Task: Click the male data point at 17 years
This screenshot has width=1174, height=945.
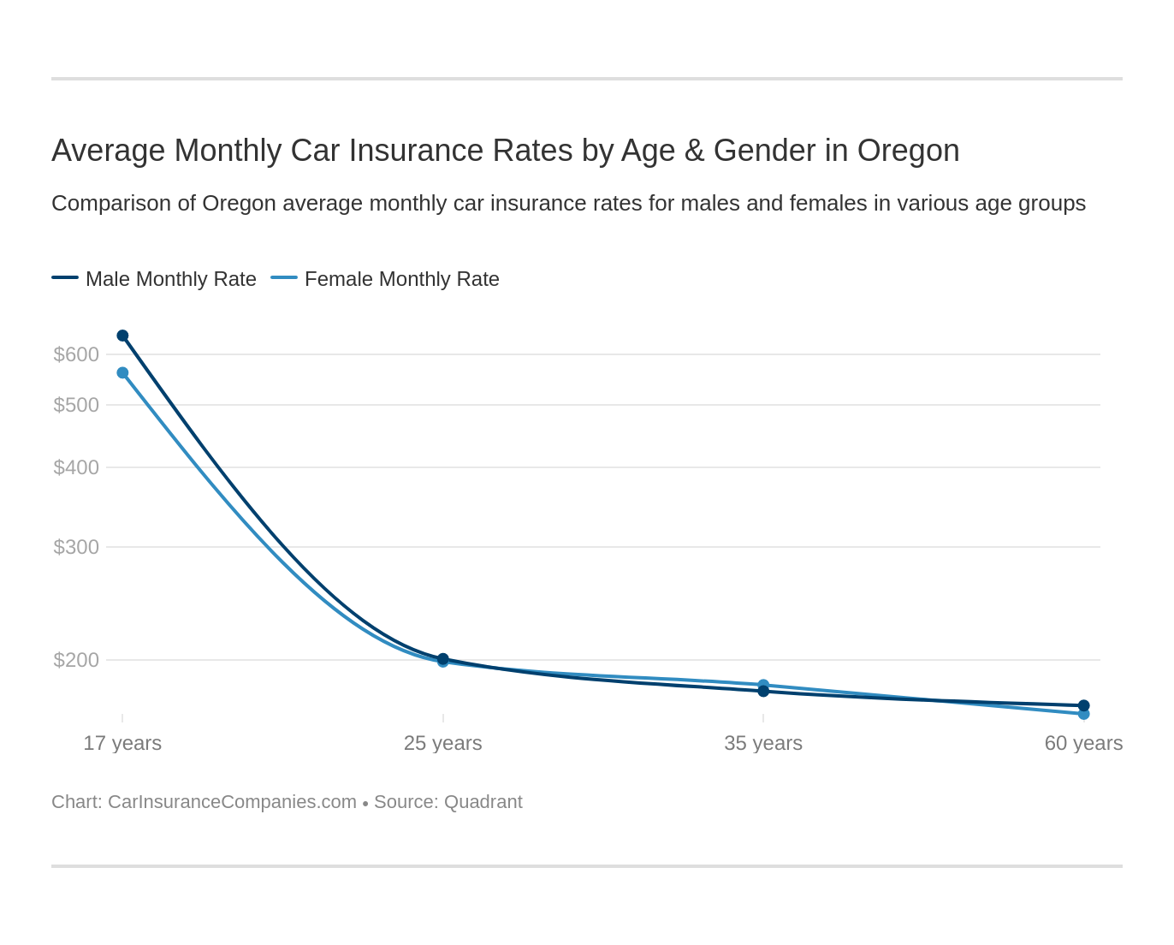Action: (122, 336)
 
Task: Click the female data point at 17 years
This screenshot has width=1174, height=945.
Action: (122, 373)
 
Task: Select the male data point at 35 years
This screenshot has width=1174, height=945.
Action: (763, 691)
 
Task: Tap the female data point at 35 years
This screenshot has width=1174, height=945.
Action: (763, 685)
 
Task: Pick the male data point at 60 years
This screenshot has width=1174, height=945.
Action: (1083, 705)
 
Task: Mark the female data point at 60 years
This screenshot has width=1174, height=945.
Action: (1083, 714)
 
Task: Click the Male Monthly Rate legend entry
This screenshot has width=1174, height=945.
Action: (170, 279)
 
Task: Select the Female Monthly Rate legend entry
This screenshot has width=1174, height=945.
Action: (401, 279)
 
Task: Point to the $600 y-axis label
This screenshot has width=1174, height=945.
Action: (76, 354)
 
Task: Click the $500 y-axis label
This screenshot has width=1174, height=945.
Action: (76, 405)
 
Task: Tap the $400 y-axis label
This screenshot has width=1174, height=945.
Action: (76, 467)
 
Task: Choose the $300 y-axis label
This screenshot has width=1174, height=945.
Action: (76, 547)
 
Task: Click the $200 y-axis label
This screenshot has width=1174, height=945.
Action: (76, 660)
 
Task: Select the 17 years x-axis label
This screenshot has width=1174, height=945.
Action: (122, 743)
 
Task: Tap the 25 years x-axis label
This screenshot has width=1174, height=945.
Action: (442, 743)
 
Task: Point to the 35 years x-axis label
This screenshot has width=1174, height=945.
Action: (763, 743)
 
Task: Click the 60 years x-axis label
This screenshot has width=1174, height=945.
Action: (1083, 743)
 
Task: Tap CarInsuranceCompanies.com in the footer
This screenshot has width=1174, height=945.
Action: (232, 802)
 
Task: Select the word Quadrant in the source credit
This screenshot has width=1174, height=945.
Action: (483, 802)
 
